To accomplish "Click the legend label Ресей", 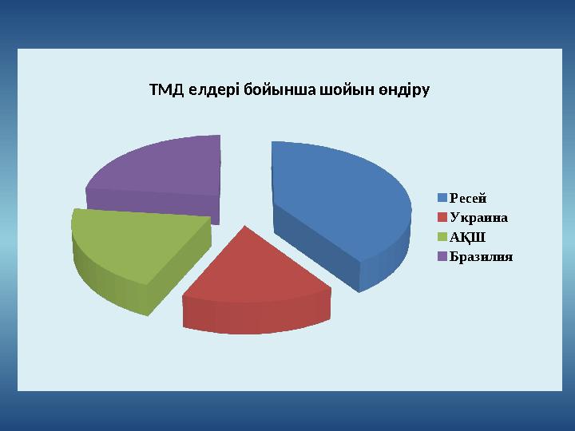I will click(468, 198).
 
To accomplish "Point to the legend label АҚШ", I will click(468, 237).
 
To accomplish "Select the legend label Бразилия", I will click(481, 257).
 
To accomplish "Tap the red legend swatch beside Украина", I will click(442, 217).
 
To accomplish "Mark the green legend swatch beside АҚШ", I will click(442, 237).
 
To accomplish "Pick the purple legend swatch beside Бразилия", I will click(442, 257).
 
